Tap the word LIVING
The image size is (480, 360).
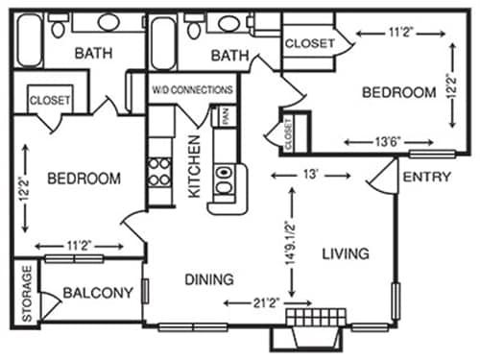346,253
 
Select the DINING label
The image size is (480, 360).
208,280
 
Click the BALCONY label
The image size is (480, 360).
97,293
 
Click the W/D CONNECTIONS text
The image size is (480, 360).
193,89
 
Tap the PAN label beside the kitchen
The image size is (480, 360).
226,118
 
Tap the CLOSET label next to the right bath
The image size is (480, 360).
310,43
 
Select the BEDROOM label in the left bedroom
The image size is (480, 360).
84,179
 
